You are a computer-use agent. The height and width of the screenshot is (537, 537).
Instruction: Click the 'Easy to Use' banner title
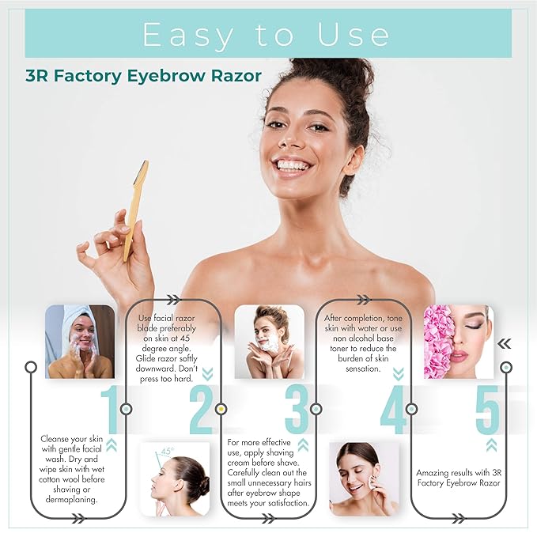[267, 35]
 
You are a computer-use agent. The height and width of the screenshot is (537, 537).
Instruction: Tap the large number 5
[486, 409]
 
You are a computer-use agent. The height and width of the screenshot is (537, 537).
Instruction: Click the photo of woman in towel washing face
[79, 342]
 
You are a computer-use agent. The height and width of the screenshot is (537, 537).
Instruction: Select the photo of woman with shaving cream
[269, 342]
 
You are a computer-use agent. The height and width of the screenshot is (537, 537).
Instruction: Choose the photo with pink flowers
[458, 342]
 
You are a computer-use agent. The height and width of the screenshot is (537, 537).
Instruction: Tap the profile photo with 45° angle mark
[174, 479]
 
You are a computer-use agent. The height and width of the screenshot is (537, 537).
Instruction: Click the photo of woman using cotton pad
[364, 479]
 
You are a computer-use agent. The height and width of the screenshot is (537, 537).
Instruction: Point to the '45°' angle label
[166, 452]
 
